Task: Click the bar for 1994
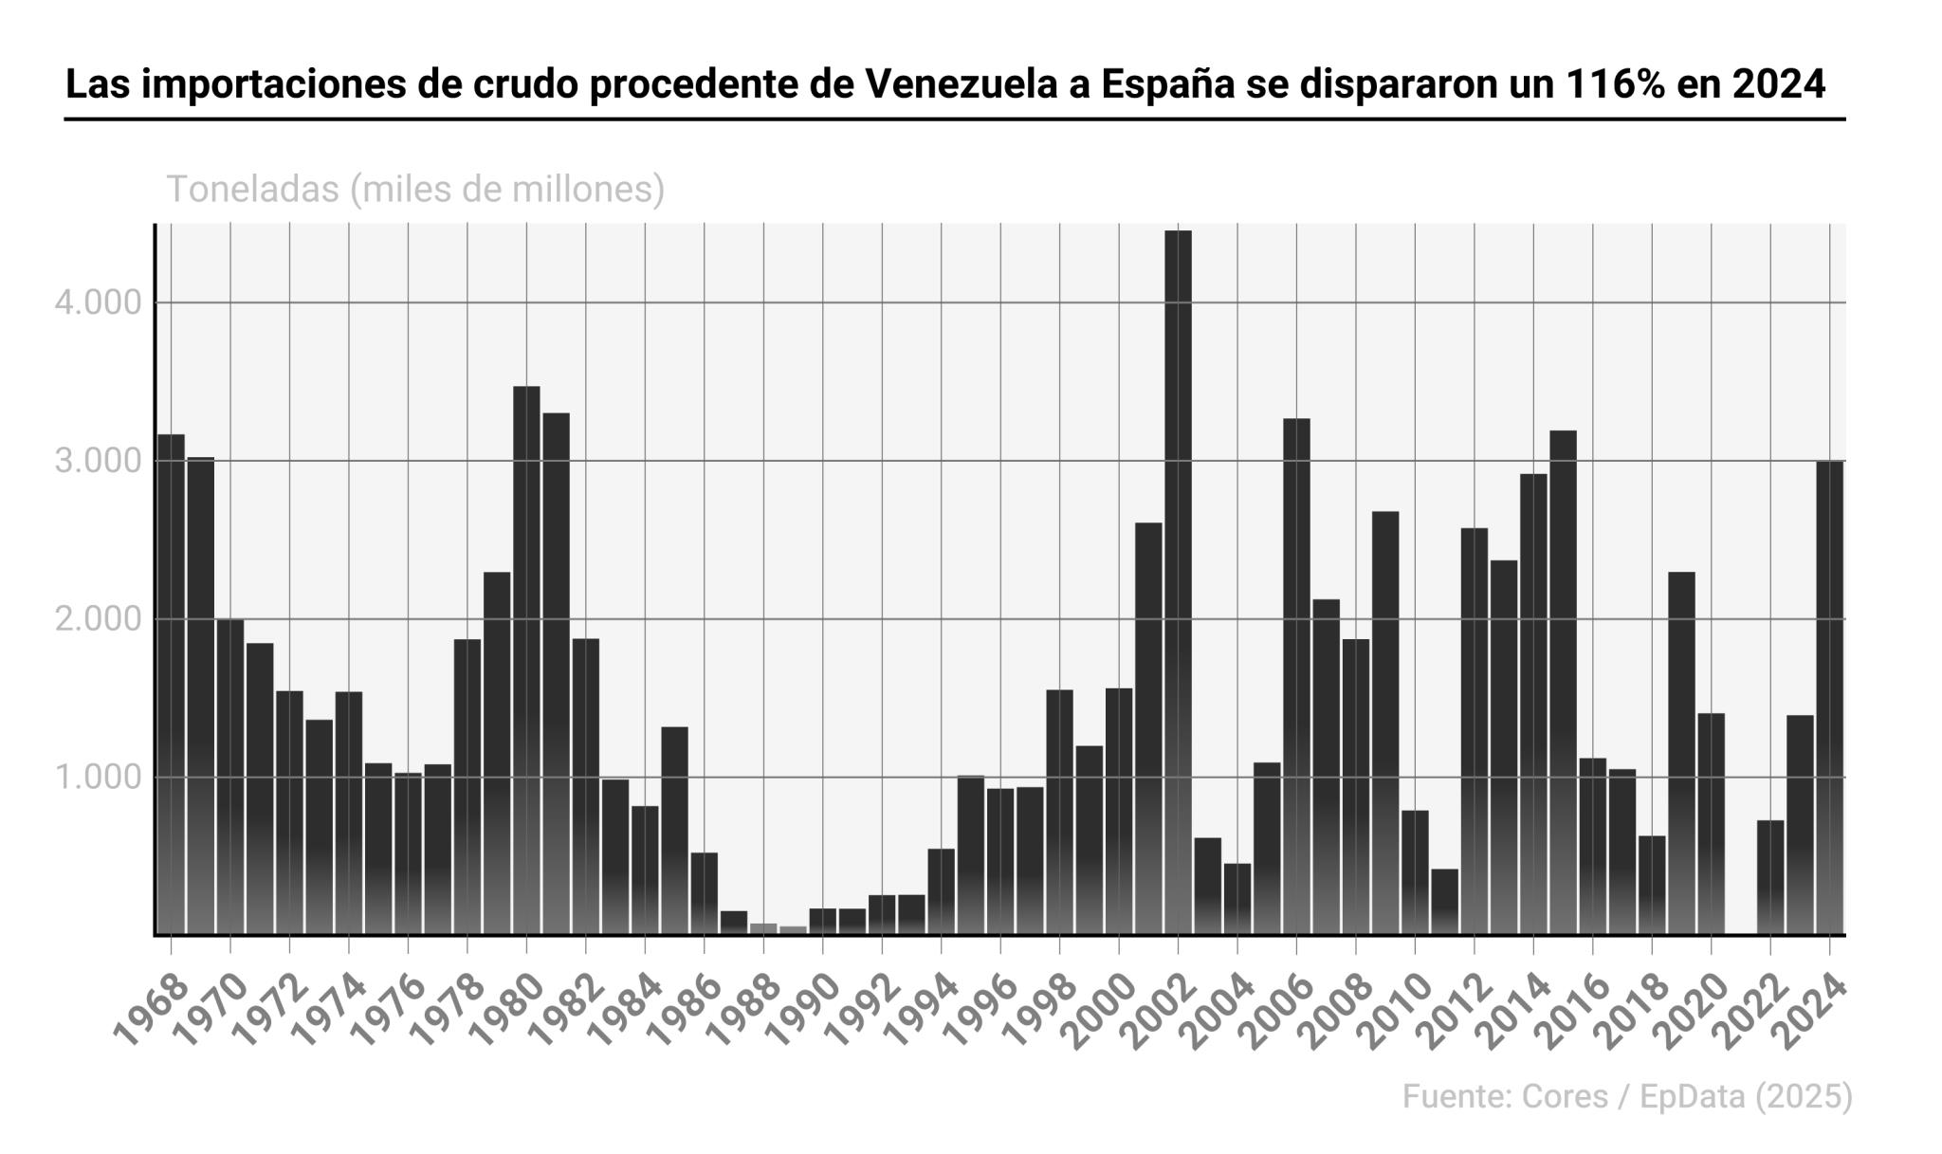pos(941,891)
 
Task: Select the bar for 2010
pos(1415,872)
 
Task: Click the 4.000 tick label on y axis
pos(98,303)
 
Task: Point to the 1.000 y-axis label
pos(98,778)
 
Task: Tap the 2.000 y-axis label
pos(98,620)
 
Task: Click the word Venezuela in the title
pos(976,84)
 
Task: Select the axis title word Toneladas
pos(252,190)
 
